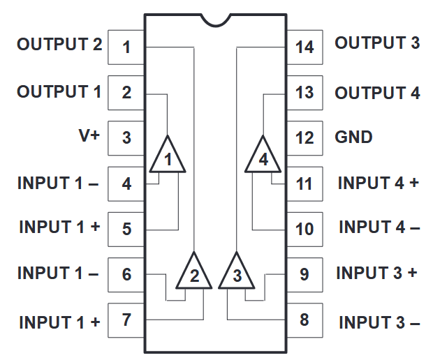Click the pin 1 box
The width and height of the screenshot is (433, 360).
[126, 47]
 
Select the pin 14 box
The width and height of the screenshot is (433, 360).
[304, 47]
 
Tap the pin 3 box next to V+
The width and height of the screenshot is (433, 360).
[126, 137]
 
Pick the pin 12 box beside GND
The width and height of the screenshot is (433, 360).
[304, 137]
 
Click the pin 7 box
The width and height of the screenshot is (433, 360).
[126, 320]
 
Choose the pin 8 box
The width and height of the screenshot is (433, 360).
[304, 320]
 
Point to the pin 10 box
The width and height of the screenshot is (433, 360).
[304, 229]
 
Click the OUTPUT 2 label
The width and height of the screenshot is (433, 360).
[59, 45]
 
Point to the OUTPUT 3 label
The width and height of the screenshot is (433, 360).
[377, 43]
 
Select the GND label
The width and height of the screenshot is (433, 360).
[353, 137]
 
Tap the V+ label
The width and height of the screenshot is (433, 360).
[89, 136]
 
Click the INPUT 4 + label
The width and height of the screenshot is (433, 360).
[378, 183]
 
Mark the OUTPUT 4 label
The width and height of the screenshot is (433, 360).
[377, 93]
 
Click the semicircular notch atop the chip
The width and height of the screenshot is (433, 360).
[216, 20]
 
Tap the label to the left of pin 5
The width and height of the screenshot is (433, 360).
[59, 227]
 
